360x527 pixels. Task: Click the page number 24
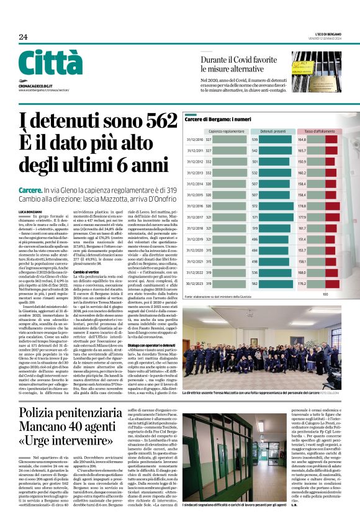pos(23,37)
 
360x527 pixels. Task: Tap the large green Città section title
pos(50,63)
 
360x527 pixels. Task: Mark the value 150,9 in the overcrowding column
pos(302,161)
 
